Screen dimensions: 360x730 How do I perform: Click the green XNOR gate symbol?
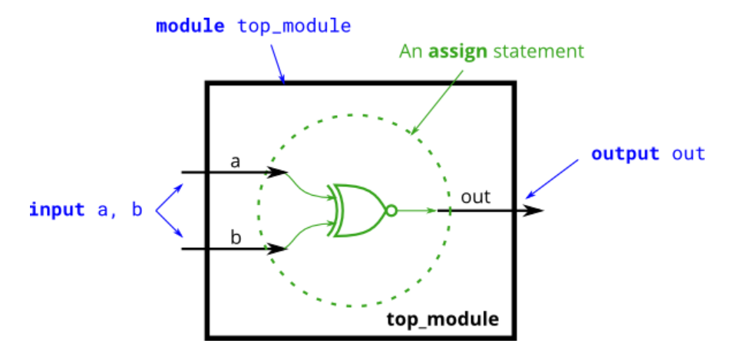[355, 210]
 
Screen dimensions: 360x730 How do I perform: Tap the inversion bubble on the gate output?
[391, 210]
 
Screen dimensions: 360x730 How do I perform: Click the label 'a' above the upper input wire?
[236, 161]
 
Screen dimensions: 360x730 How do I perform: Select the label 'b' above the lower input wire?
[236, 237]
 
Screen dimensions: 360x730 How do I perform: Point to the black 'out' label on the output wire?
[475, 197]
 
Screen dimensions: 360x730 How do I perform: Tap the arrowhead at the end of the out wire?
[536, 210]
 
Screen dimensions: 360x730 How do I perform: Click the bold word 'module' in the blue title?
[190, 26]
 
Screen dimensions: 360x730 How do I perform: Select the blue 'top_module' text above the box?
[294, 26]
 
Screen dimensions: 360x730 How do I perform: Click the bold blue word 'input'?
[57, 210]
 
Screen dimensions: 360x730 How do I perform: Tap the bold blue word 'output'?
[625, 153]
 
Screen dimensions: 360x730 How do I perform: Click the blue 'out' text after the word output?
[689, 153]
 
